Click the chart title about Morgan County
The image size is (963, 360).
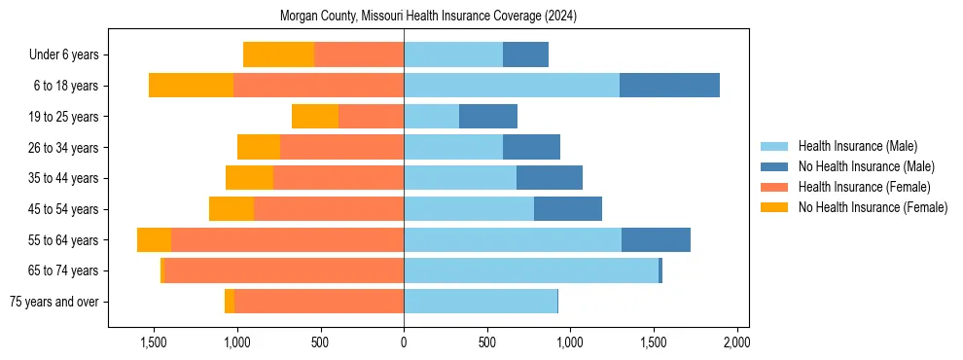[428, 17]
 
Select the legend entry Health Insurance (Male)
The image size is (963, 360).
[857, 146]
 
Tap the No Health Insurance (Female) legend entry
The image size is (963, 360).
[873, 207]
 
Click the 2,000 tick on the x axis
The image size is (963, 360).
[736, 342]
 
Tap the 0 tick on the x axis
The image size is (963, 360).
[404, 342]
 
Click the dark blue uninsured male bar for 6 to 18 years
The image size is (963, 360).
[669, 86]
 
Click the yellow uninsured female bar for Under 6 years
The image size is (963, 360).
[278, 54]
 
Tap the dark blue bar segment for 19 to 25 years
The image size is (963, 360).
[488, 117]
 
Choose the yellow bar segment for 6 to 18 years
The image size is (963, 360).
[191, 86]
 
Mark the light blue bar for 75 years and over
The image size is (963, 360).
[481, 302]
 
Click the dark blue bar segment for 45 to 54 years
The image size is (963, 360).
[568, 209]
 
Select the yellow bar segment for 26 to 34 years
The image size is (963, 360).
[259, 147]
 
